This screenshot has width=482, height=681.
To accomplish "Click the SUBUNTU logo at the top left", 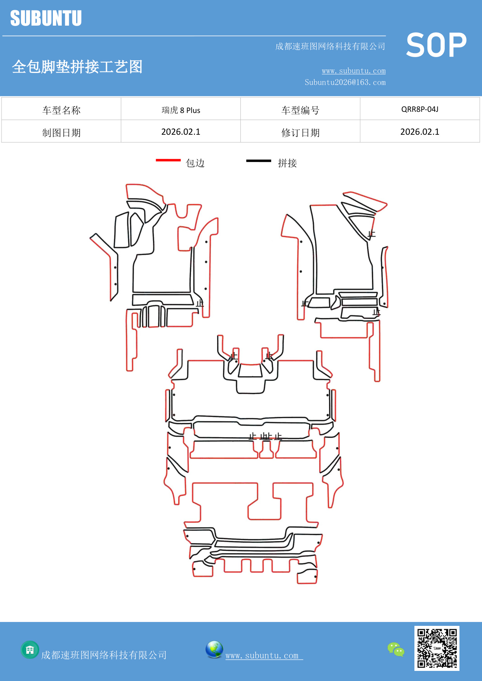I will [x=46, y=18].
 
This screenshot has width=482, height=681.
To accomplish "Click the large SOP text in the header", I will [x=436, y=45].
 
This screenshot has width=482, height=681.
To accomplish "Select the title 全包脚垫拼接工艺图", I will [x=77, y=67].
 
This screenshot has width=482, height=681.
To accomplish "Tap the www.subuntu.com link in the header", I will [x=353, y=71].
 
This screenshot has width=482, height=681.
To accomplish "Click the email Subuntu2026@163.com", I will [x=345, y=82].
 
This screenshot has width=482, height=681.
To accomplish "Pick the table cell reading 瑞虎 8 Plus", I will [x=181, y=110].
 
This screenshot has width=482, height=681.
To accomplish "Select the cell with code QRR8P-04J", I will [x=419, y=109].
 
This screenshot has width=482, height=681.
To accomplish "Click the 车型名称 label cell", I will [x=61, y=110].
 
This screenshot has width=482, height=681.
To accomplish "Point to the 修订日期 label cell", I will [x=300, y=132].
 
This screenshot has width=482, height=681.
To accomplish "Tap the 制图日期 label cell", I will [x=61, y=132].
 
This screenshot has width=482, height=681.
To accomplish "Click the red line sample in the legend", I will [x=168, y=160].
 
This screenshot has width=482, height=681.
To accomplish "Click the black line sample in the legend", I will [x=258, y=160].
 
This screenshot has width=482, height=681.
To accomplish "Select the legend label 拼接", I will [x=287, y=163].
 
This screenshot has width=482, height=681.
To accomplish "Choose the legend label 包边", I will [x=195, y=163].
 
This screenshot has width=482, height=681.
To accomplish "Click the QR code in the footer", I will [x=437, y=648].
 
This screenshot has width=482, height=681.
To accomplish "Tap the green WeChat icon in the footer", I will [x=396, y=649].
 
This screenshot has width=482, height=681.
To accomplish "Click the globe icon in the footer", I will [x=214, y=649].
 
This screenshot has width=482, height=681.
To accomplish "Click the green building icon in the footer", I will [x=30, y=650].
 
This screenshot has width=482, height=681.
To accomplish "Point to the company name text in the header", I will [x=330, y=47].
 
